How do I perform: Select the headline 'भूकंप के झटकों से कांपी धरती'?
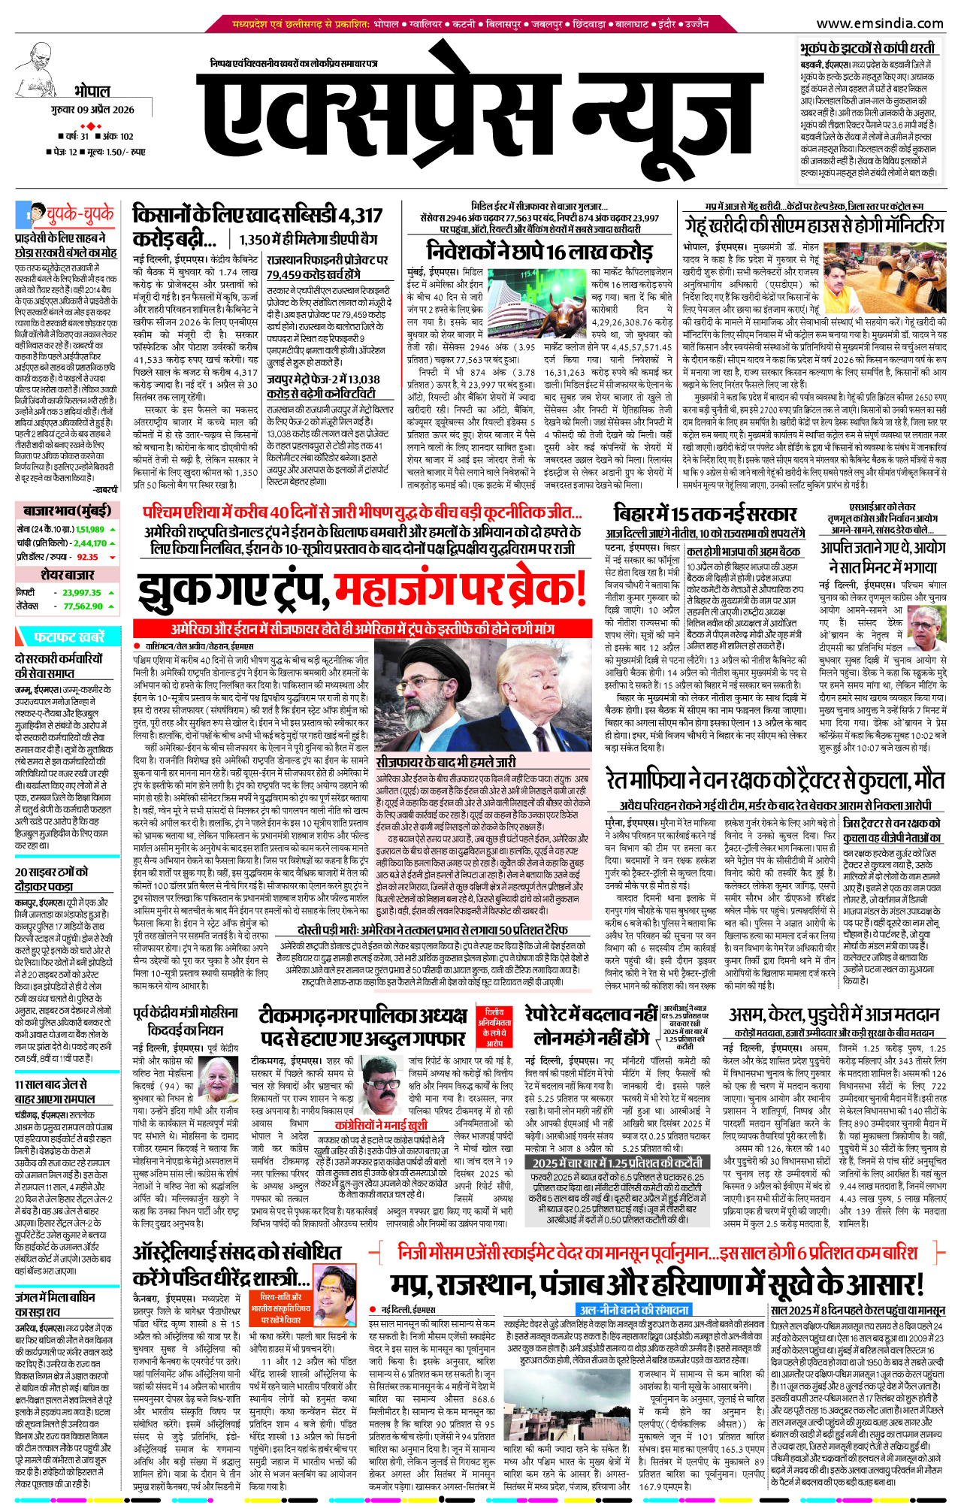[x=867, y=48]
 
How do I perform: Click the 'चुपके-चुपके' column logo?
[x=66, y=215]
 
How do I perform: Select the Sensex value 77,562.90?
[x=83, y=606]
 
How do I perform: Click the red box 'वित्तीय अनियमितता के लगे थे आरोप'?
[x=494, y=1027]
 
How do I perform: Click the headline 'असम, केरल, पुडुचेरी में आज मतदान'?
[x=834, y=1015]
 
